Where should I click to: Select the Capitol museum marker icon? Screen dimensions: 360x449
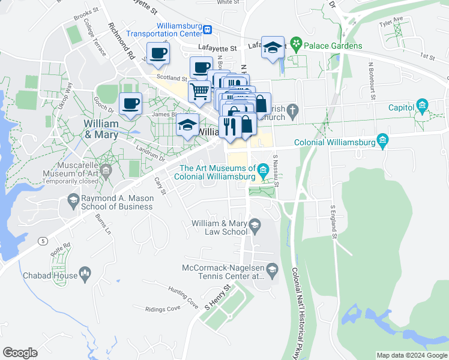point(422,107)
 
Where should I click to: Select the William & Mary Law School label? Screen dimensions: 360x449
point(218,227)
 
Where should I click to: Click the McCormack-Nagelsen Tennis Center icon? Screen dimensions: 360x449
point(272,269)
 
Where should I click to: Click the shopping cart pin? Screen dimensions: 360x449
point(199,92)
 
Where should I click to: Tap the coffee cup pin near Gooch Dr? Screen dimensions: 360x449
point(130,104)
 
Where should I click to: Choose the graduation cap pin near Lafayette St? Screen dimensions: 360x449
point(273,48)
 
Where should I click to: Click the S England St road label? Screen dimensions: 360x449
point(334,221)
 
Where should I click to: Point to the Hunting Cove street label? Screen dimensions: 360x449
point(183,298)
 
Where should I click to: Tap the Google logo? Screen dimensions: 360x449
point(20,353)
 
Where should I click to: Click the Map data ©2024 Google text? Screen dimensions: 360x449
point(411,355)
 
